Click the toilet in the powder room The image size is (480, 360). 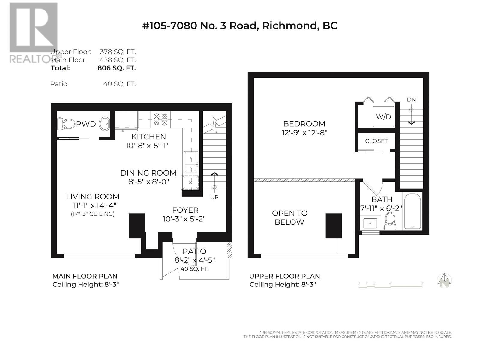[x=66, y=124]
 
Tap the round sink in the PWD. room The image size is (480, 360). [x=104, y=124]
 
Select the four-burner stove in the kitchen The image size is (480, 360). [x=160, y=120]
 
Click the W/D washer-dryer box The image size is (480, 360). [x=383, y=116]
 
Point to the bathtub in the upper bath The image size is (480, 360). [x=412, y=211]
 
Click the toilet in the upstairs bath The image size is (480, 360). [x=390, y=221]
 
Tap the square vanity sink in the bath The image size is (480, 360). [x=370, y=223]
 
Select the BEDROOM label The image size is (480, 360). [x=304, y=124]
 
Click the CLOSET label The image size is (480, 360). [x=376, y=141]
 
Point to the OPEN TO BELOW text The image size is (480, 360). [x=289, y=217]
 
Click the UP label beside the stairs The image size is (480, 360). [x=214, y=197]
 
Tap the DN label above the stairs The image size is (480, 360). [x=411, y=100]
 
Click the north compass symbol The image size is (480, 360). [x=444, y=280]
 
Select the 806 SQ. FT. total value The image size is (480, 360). [x=117, y=68]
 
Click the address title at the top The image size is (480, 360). [x=240, y=25]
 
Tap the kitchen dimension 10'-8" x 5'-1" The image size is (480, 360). [x=147, y=145]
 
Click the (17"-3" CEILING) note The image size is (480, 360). [x=93, y=214]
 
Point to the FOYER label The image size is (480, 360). [x=185, y=210]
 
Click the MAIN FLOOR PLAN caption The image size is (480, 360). [x=85, y=276]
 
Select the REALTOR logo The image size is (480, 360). [x=34, y=33]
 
